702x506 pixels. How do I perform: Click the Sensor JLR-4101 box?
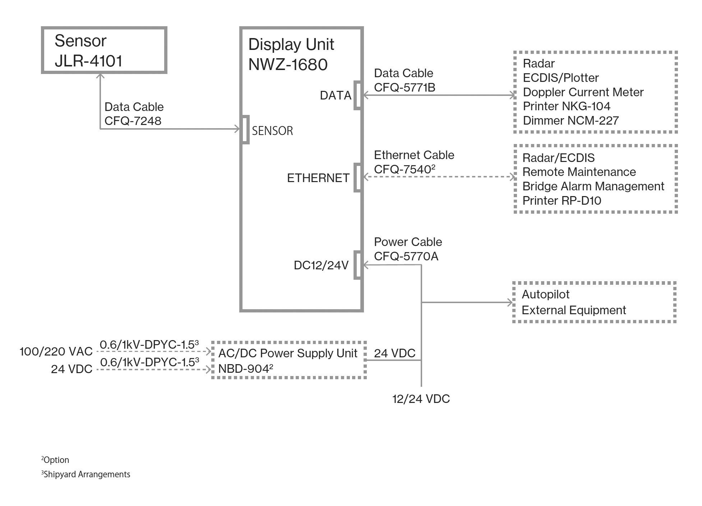104,50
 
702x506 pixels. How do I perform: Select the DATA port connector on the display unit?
357,95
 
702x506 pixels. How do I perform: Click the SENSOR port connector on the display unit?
245,130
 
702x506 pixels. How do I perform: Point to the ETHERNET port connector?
357,177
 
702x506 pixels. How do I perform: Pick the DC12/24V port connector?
357,265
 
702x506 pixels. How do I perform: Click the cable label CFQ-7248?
133,121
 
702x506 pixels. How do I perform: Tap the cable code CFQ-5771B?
405,87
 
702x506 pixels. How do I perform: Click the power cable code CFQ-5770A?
406,256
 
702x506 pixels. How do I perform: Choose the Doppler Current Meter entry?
583,92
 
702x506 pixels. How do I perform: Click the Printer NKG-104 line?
566,106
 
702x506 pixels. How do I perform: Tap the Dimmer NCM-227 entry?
571,121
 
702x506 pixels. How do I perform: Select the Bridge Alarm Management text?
593,186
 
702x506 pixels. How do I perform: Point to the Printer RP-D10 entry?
562,201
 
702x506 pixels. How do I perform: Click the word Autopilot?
545,294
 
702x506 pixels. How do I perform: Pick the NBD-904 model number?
244,369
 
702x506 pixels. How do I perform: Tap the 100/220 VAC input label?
56,352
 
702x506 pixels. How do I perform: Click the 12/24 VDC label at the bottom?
421,399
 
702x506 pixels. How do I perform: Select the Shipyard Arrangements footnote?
86,474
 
